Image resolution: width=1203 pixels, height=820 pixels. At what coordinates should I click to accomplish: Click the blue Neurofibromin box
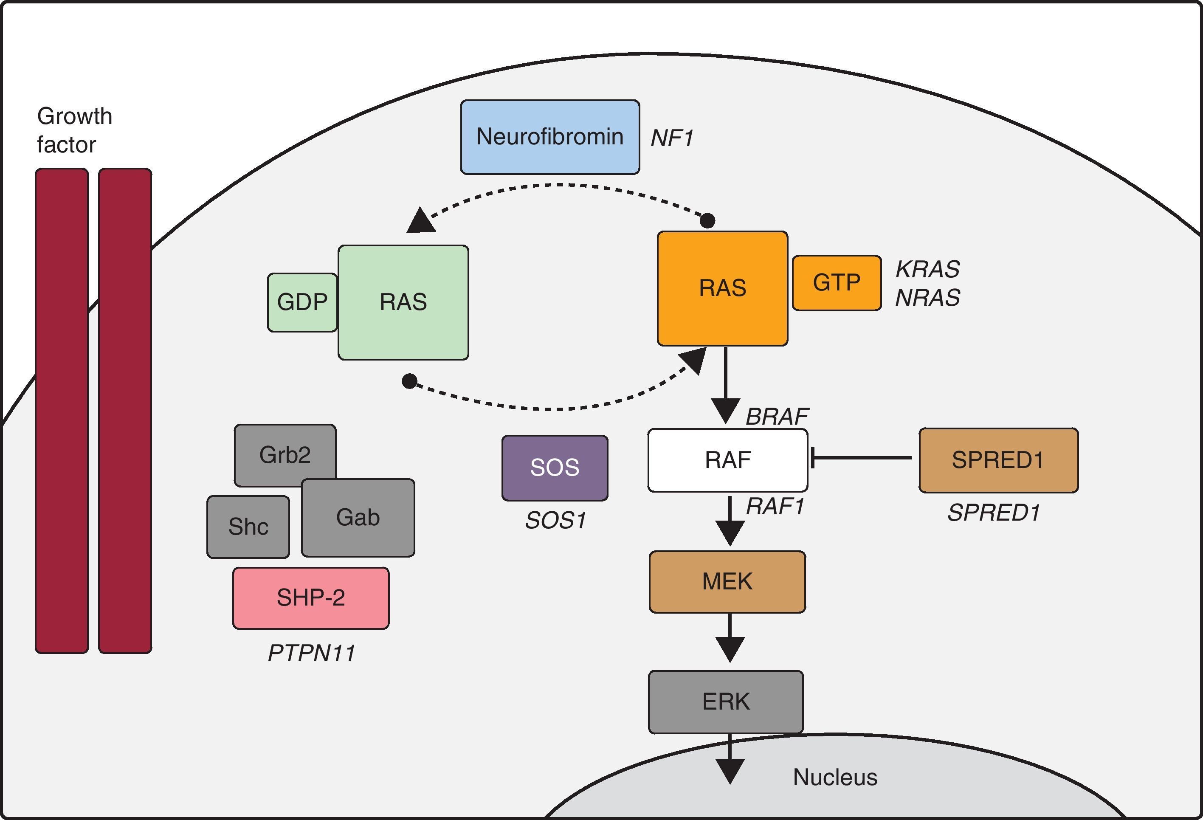550,137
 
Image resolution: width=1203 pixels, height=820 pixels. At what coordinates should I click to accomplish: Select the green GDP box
302,302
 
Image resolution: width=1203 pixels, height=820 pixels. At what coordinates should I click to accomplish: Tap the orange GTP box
837,283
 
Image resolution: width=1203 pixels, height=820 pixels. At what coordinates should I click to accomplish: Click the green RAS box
403,302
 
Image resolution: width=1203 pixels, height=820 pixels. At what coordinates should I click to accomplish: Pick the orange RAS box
723,288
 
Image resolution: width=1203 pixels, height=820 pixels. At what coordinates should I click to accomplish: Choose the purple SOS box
555,468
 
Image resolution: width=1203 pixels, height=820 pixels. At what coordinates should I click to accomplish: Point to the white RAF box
727,460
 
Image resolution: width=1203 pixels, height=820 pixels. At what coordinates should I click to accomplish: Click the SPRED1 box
998,460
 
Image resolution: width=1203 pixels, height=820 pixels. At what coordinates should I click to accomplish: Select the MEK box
727,581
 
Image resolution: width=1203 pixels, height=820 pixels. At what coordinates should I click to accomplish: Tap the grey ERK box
726,702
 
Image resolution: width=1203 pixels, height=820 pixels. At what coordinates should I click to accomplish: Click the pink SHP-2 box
310,598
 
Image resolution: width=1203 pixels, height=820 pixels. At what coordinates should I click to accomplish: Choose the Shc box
248,527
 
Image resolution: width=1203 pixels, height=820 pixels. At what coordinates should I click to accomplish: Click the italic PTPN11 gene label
312,653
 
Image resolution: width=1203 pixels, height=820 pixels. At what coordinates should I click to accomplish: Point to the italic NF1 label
672,138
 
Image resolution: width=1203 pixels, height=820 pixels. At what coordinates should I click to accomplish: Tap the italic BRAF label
777,416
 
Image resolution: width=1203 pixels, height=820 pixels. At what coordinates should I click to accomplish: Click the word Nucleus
835,777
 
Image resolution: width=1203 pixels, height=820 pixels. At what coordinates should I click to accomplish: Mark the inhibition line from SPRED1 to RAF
862,458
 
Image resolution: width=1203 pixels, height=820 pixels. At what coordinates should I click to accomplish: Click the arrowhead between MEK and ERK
730,648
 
